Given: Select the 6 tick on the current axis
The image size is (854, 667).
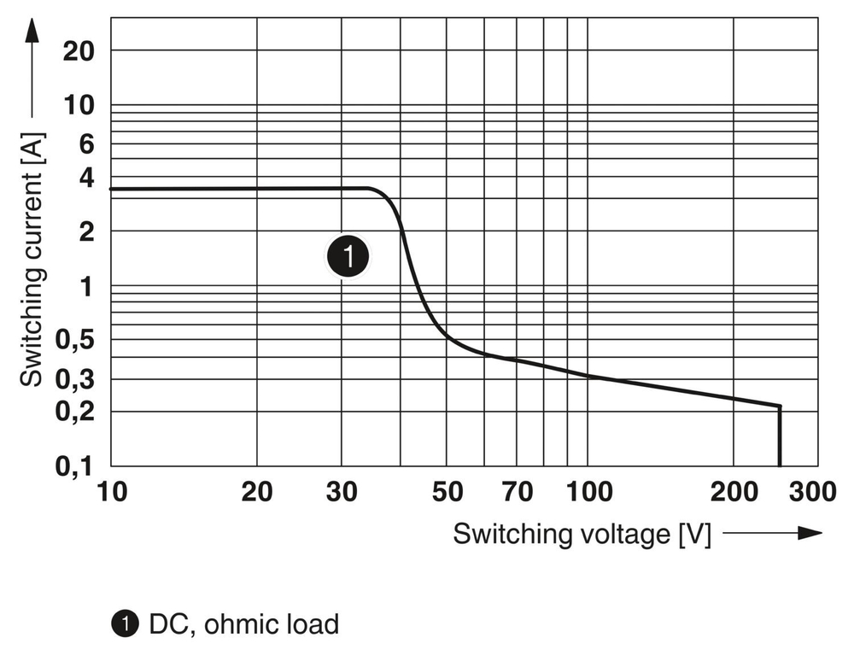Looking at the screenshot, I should point(85,144).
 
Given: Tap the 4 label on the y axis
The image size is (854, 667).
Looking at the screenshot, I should point(85,178).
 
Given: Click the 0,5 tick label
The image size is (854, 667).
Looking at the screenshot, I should point(73,340).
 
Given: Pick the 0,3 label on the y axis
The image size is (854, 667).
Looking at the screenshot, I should point(73,379).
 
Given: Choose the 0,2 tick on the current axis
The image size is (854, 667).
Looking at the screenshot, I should point(73,412).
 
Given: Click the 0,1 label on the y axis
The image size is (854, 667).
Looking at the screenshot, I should point(73,466).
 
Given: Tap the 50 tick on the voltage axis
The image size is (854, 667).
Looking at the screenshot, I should point(447,492).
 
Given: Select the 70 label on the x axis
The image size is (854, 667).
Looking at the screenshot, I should point(518,492).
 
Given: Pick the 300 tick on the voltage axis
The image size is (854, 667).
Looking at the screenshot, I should point(811,492).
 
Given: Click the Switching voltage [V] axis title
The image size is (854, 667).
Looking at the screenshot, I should point(582,535).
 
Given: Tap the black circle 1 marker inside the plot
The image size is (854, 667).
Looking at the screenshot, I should point(348,255).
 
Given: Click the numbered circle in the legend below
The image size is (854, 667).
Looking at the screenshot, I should point(125,624).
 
